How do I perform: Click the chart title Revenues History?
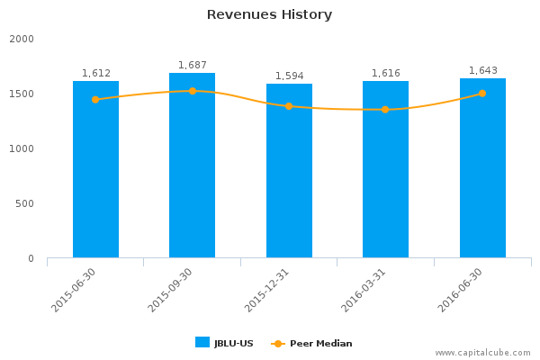click(269, 14)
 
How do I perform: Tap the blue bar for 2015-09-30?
click(192, 166)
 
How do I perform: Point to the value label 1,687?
click(192, 65)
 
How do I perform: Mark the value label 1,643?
click(482, 70)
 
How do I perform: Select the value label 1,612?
click(95, 73)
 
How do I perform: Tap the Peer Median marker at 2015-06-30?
click(95, 100)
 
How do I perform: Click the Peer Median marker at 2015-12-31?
click(289, 106)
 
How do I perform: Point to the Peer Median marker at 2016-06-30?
click(482, 94)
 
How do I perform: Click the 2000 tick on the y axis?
click(22, 40)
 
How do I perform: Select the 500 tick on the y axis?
click(24, 204)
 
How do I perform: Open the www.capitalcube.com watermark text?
click(483, 353)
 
